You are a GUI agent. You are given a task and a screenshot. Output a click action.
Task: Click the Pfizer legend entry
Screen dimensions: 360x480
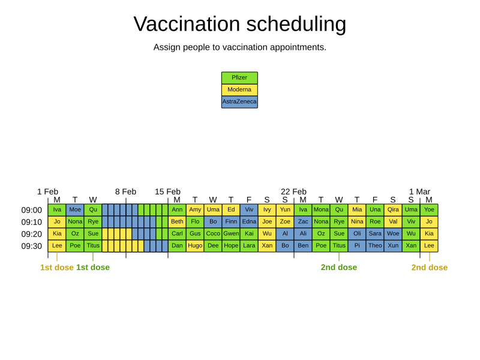coord(239,78)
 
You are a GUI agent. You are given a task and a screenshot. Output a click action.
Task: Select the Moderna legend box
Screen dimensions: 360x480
coord(239,90)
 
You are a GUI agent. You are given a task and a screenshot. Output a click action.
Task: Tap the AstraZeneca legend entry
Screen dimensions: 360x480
coord(239,102)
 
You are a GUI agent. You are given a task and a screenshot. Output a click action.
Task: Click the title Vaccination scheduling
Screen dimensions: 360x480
coord(240,24)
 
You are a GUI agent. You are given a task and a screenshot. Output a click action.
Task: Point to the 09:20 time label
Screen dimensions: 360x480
coord(32,234)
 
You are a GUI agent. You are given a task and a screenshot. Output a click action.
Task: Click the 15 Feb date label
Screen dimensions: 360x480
coord(167,192)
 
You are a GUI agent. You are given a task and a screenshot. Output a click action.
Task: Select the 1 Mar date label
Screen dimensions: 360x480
coord(419,192)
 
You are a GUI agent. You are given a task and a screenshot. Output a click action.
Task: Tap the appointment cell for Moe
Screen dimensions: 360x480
coord(75,210)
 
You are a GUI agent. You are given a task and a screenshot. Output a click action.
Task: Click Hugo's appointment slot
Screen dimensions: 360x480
coord(195,246)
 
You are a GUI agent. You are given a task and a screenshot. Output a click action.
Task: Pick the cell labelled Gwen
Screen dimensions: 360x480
coord(231,234)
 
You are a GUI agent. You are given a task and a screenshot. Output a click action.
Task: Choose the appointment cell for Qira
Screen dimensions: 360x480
coord(393,210)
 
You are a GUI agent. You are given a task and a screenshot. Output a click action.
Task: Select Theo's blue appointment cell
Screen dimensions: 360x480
coord(375,246)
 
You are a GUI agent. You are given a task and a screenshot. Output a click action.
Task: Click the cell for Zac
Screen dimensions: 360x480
coord(303,222)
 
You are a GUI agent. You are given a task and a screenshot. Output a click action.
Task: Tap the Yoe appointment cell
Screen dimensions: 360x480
coord(429,210)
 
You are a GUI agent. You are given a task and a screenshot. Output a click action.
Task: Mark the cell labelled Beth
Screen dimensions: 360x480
coord(177,222)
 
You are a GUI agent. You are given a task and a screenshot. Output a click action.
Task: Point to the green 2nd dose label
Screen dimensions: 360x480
coord(339,268)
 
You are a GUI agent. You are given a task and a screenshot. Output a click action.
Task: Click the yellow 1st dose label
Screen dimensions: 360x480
coord(57,268)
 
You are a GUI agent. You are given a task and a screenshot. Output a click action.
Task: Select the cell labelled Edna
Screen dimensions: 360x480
coord(249,222)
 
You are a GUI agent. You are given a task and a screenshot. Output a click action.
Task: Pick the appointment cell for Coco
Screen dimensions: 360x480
coord(213,234)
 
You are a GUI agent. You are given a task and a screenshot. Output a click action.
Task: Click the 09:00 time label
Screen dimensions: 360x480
coord(32,210)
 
